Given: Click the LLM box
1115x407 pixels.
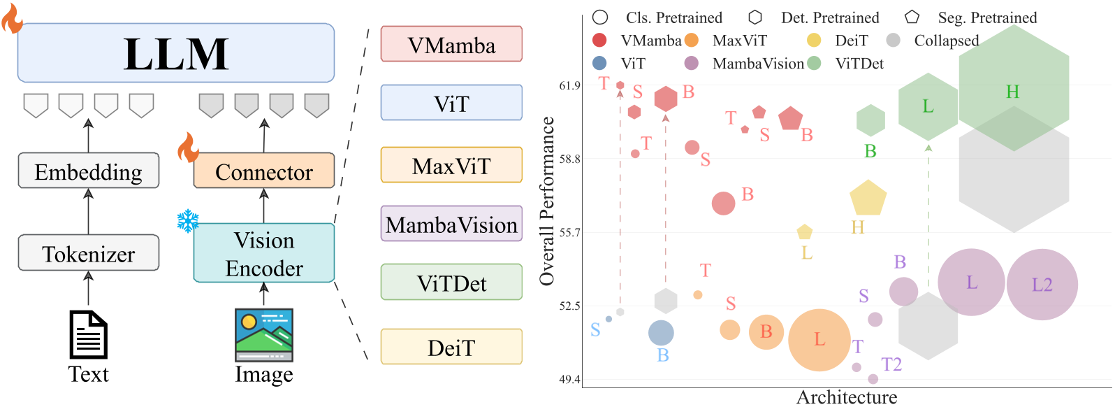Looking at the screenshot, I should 176,53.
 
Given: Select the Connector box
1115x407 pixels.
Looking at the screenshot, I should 264,171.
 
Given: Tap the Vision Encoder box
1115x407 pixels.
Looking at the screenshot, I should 264,253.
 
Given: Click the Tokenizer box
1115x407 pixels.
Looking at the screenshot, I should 89,253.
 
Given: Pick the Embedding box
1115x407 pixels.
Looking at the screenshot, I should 89,171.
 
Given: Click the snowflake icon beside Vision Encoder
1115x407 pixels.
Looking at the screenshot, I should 187,221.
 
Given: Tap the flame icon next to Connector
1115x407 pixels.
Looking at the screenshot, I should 187,148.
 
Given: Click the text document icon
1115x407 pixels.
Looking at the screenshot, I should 89,335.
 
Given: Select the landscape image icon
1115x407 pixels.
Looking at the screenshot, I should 264,335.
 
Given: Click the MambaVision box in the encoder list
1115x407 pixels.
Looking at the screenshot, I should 451,224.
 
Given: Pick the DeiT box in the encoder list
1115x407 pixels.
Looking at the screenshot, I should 451,347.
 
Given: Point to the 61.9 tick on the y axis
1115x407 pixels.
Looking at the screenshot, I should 569,85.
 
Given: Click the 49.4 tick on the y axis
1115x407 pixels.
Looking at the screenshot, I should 569,380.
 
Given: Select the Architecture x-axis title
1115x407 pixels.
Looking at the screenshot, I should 847,397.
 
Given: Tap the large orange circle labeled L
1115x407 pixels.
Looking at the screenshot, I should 819,340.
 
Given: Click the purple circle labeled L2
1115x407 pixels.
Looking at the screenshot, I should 1042,285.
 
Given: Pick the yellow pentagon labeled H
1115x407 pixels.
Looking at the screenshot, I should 868,199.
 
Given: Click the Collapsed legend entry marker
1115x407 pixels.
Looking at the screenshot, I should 893,41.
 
